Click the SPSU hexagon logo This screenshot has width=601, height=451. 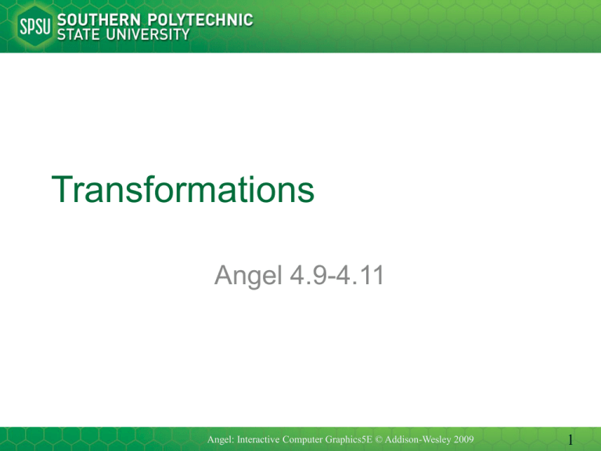[x=35, y=26]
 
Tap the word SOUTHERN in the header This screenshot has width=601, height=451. [x=99, y=20]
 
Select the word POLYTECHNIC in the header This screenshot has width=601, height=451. [x=200, y=20]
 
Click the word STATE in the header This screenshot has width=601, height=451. [x=78, y=34]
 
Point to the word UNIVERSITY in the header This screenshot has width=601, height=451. [x=148, y=34]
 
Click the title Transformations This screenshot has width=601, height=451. [x=183, y=189]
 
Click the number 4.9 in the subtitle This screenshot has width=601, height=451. [x=308, y=275]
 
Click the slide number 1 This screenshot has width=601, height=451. [x=570, y=440]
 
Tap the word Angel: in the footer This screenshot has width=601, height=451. [x=221, y=440]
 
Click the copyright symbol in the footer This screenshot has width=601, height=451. [x=378, y=439]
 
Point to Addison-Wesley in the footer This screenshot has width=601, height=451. [x=418, y=440]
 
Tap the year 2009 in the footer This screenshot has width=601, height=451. [x=464, y=439]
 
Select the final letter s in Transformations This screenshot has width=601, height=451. [x=307, y=193]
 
